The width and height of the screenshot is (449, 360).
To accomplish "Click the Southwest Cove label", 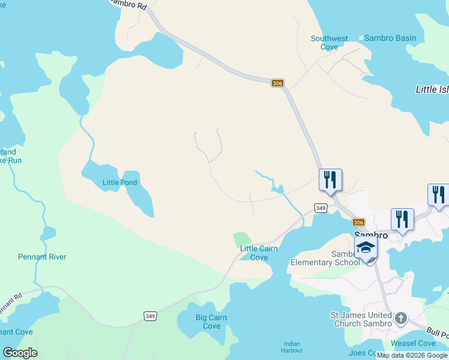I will coord(329,43).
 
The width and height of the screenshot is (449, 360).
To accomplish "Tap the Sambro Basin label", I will coord(390,38).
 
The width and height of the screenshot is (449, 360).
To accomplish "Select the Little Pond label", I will coord(120,182).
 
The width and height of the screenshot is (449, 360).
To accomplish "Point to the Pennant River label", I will coord(42,257).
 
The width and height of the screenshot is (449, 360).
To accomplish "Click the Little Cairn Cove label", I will coord(259,253).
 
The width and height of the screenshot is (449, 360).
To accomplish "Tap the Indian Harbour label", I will coord(292,347).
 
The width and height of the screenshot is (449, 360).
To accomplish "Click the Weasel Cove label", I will coord(413,343).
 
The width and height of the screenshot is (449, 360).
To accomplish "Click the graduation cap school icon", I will coord(366,247).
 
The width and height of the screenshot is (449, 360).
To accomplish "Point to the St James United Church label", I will coord(363,319).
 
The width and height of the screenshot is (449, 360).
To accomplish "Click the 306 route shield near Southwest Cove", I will coord(277,83).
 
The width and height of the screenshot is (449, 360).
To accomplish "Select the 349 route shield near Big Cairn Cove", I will coord(150,316).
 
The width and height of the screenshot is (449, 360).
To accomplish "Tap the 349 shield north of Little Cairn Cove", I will coord(321,208).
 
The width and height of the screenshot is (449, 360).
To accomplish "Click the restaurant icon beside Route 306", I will coord(330,179).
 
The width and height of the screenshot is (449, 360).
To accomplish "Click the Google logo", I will coord(20,353).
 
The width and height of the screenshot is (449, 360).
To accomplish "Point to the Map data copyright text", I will coord(412,355).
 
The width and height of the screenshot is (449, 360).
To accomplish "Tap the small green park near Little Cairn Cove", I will coord(241,239).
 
